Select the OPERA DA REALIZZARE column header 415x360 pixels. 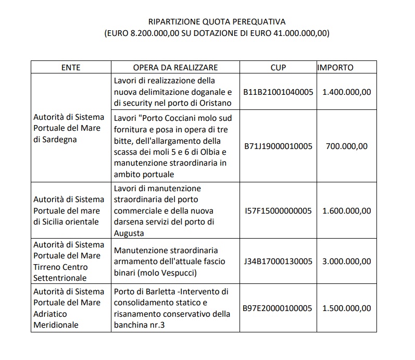175,68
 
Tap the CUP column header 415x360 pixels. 278,68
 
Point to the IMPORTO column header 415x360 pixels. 335,68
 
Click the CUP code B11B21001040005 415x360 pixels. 278,92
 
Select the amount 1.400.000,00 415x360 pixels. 347,92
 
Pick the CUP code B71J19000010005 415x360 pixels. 278,146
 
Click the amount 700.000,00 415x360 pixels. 347,146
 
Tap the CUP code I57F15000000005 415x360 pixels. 278,210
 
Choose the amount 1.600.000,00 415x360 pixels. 347,210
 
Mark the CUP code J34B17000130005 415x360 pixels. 278,261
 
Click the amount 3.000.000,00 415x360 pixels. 347,261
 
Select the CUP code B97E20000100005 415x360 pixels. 278,308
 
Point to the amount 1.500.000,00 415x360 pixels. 347,308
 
